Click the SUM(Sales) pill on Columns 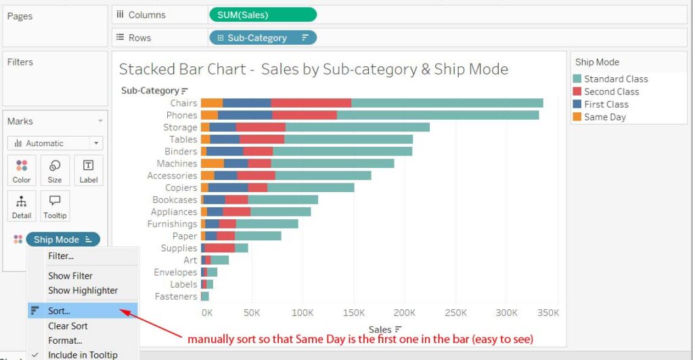click(263, 15)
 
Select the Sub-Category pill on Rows click(263, 38)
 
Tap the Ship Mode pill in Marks click(62, 240)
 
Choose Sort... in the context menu click(59, 311)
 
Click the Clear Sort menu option click(68, 325)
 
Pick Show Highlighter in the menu click(83, 290)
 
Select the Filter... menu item click(61, 256)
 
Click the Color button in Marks click(22, 171)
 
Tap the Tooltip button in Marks click(55, 206)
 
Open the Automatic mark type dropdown click(55, 143)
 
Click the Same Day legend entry click(605, 117)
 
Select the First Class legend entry click(606, 104)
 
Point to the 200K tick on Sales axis click(404, 313)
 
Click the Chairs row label click(183, 103)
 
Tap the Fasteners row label click(175, 296)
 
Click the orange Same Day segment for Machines click(213, 163)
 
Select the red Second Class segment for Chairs click(311, 103)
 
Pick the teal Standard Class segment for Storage click(357, 127)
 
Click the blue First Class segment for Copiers click(228, 187)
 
